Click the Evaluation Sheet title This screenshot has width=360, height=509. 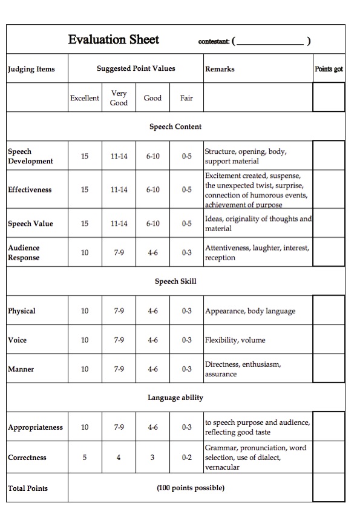[113, 40]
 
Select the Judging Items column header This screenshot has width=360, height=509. [31, 69]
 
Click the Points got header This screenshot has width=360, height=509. [329, 69]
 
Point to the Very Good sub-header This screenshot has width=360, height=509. [119, 98]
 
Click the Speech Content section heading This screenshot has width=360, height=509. [175, 126]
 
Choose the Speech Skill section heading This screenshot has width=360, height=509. [175, 281]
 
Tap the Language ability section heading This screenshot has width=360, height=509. [175, 398]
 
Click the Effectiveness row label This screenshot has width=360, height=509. [30, 189]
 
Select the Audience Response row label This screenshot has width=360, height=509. [24, 252]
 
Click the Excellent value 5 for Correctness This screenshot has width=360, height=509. [85, 458]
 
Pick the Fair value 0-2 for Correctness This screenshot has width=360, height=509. [186, 458]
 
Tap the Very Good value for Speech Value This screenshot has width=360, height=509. [119, 223]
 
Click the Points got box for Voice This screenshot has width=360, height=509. [329, 340]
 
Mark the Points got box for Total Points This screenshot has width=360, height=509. [329, 488]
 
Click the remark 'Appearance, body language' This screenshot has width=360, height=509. [250, 311]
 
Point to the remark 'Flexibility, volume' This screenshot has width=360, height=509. [235, 340]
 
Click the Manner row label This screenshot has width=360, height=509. [21, 369]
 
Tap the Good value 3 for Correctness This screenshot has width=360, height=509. [152, 458]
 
